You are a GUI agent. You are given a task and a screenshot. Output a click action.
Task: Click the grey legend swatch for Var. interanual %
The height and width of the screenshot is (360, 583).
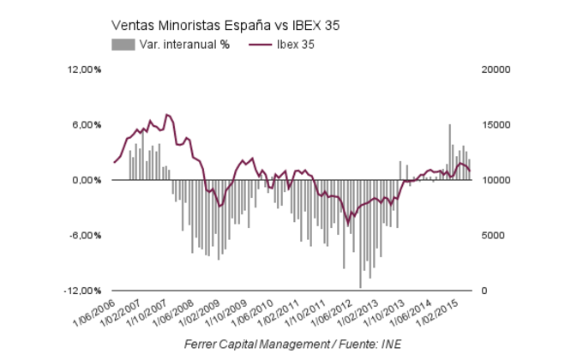(x=123, y=45)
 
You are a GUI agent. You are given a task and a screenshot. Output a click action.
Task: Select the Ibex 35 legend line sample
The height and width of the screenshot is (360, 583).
(x=260, y=45)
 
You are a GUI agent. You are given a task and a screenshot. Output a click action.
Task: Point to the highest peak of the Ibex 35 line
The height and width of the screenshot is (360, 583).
(x=167, y=114)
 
